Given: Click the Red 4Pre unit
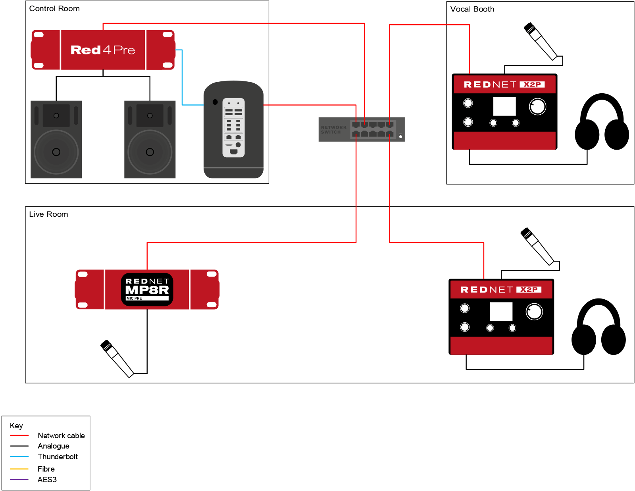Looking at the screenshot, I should coord(103,50).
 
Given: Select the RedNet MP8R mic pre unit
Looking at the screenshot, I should coord(147,289).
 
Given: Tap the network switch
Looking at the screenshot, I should coord(361,129).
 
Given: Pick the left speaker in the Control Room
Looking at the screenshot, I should coord(56,139).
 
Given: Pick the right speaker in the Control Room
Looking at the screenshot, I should coord(150,139).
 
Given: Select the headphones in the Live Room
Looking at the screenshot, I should coord(598,327).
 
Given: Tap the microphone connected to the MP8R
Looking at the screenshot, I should coord(117,358).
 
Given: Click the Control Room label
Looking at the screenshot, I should coord(54,9).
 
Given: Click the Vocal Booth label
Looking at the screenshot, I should coord(472,9).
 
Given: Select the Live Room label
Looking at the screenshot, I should coord(48,214).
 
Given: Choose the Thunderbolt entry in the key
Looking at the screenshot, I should coord(58,456).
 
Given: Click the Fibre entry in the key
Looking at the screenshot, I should coord(46,469).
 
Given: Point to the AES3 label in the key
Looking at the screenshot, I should coord(47,479).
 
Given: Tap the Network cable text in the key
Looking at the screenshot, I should coord(61,435).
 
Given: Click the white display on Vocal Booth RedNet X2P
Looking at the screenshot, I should coord(504,106).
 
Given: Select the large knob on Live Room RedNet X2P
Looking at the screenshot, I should coord(534,312).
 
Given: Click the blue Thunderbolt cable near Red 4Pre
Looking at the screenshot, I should coord(182,79).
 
